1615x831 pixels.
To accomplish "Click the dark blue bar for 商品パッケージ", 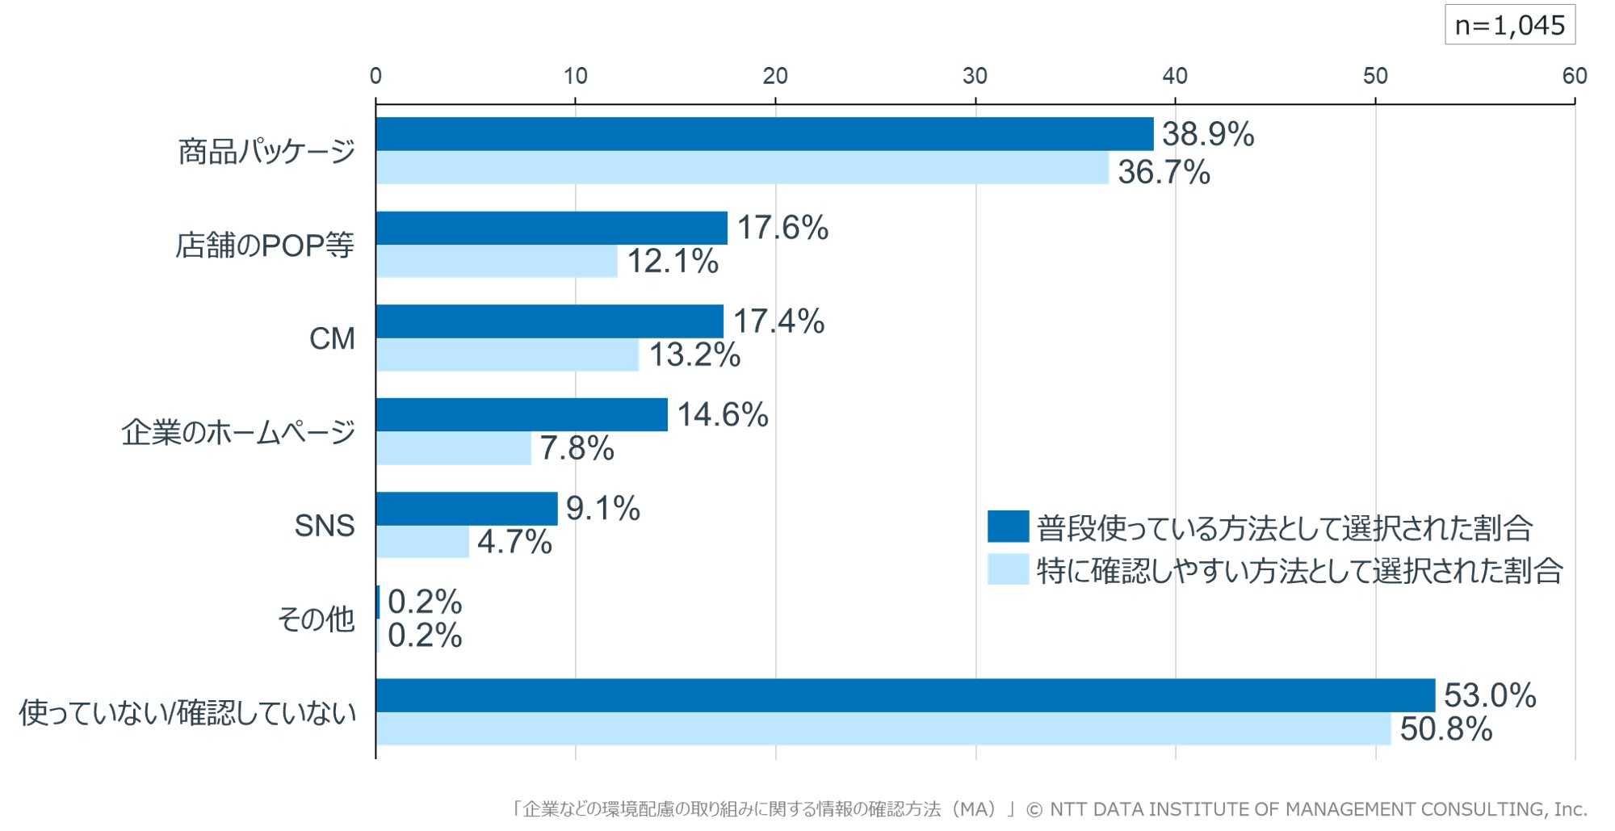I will click(x=764, y=134).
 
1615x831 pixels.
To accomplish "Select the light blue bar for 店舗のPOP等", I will click(x=496, y=261).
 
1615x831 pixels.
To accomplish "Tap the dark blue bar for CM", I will click(x=549, y=321).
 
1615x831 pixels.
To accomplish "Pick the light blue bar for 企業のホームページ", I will click(x=453, y=448).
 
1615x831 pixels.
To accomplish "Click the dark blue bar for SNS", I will click(x=466, y=509).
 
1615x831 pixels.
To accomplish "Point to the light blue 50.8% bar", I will click(x=883, y=728).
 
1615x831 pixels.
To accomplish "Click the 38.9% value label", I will click(x=1207, y=134).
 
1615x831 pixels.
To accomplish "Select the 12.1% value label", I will click(x=673, y=262).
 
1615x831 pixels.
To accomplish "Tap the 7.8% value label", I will click(x=577, y=448).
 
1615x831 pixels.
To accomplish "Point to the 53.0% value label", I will click(x=1489, y=695).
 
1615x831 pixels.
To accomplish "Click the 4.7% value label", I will click(x=514, y=542).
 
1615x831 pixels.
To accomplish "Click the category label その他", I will click(x=316, y=619).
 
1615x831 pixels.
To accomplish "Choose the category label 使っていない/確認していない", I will click(x=187, y=712).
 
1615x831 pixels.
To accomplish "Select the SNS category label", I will click(x=325, y=526).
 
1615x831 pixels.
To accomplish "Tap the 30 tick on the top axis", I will click(x=975, y=76).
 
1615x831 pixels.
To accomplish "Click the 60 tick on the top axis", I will click(x=1574, y=76).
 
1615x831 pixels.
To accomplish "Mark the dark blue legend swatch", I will click(x=1008, y=527).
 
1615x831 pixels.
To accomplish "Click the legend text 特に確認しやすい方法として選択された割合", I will click(x=1299, y=571).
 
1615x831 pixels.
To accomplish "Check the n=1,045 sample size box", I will click(x=1509, y=26).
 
